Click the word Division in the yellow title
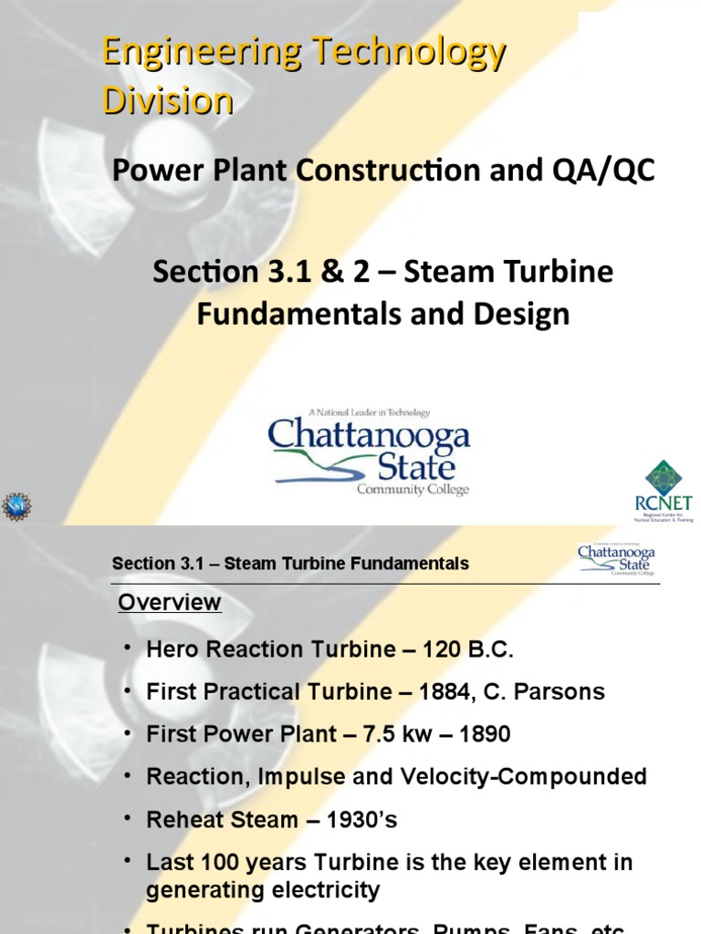tap(167, 99)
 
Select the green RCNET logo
tap(664, 490)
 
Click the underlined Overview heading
tap(170, 602)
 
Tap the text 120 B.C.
tap(468, 649)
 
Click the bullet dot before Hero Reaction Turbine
tap(128, 648)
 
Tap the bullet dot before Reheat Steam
tap(128, 818)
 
